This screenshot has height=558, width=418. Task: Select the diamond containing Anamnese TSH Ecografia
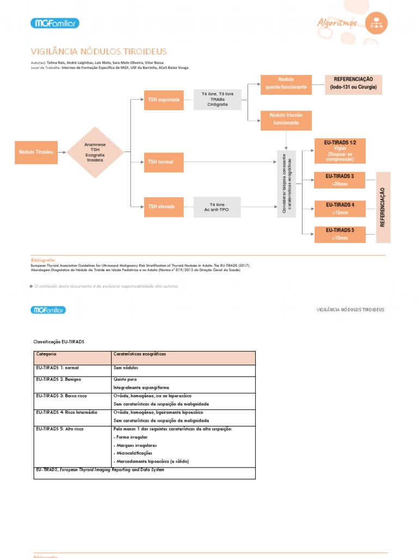click(x=95, y=152)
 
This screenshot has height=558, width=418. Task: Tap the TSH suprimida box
click(x=163, y=100)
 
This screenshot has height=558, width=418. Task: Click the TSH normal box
click(x=163, y=162)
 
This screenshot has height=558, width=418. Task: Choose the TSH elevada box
click(x=163, y=207)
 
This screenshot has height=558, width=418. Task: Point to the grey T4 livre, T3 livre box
click(x=217, y=99)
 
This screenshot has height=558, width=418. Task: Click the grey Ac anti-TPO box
click(x=217, y=207)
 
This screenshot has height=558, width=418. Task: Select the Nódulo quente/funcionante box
click(x=286, y=84)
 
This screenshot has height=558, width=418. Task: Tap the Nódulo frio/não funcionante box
click(x=286, y=119)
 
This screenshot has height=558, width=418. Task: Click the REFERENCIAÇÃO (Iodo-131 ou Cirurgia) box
click(x=353, y=84)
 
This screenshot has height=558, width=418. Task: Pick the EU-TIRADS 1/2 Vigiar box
click(x=340, y=150)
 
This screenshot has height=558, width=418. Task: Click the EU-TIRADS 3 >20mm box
click(x=340, y=180)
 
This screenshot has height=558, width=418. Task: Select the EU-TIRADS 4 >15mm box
click(x=340, y=208)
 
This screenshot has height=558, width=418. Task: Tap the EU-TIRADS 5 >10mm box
click(x=340, y=234)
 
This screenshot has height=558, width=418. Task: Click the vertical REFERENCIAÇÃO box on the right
click(x=383, y=207)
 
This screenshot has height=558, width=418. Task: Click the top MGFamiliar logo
click(x=55, y=23)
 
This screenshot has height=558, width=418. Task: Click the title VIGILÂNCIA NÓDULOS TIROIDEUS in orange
click(x=99, y=52)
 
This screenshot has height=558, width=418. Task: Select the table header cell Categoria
click(x=72, y=357)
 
